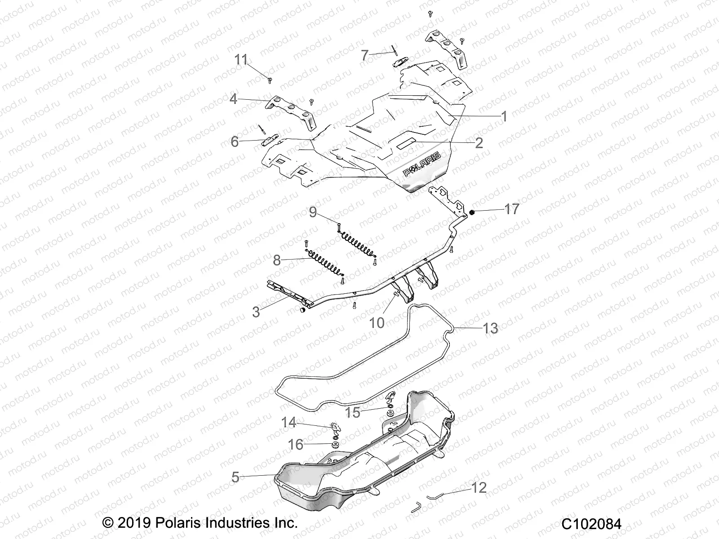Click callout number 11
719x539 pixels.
[x=241, y=60]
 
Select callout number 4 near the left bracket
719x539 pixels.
[x=233, y=98]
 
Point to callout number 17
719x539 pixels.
[x=511, y=209]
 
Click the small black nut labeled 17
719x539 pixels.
[x=472, y=211]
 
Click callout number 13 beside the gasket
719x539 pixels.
[x=490, y=328]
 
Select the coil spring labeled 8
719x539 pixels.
[x=324, y=265]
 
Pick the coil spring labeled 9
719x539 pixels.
[x=356, y=243]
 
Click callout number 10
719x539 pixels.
[x=377, y=322]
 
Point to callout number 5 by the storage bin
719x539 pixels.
[x=235, y=477]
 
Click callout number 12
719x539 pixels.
[x=479, y=487]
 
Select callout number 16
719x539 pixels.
[x=296, y=445]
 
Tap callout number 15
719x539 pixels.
[x=353, y=412]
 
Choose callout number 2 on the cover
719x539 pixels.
[x=479, y=143]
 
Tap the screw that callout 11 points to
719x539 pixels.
[x=269, y=80]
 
